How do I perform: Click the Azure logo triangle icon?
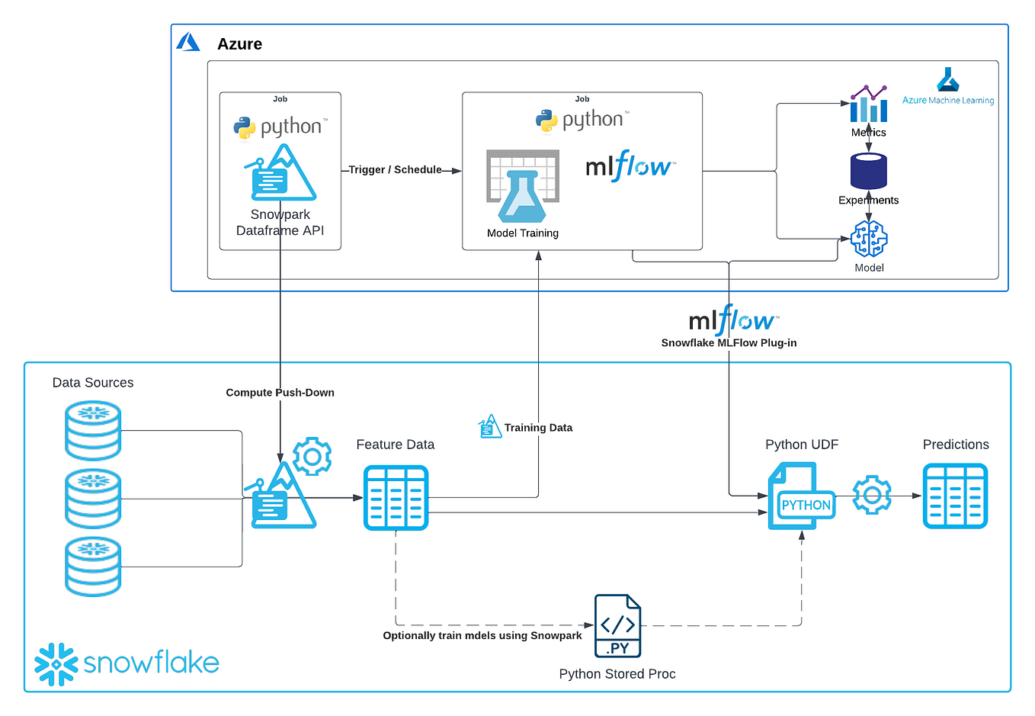(x=187, y=42)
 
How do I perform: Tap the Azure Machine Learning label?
(x=948, y=100)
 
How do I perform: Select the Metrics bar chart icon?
(x=869, y=104)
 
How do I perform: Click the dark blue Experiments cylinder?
(x=869, y=171)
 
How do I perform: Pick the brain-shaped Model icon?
(x=869, y=239)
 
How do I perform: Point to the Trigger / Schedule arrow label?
(x=395, y=169)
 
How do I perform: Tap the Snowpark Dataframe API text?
(x=280, y=223)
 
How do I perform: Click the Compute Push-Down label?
(x=280, y=393)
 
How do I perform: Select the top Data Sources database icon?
(x=93, y=431)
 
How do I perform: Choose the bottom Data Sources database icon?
(x=93, y=567)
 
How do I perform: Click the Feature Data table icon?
(x=396, y=498)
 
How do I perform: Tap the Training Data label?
(x=538, y=428)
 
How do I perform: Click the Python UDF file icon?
(x=801, y=496)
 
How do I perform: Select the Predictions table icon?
(x=955, y=496)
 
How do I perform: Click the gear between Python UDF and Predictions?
(x=872, y=496)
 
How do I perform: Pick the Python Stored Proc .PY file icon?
(x=617, y=626)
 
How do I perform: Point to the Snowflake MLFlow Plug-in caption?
(x=729, y=343)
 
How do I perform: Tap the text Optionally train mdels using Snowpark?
(x=482, y=636)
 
